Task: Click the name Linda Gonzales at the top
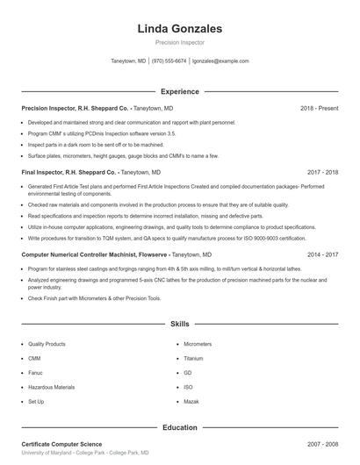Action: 179,28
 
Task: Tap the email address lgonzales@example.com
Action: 220,61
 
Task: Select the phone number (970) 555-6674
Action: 169,61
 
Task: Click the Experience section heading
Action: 179,91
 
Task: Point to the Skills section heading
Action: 179,324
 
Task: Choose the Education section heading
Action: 179,427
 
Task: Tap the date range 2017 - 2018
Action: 322,173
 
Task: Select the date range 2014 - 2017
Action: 322,254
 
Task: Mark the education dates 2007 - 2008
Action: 322,445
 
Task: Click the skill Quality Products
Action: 47,345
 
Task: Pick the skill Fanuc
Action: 35,373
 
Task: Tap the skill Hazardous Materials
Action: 51,387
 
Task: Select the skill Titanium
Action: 193,359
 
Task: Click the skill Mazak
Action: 191,401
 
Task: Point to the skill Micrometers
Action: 198,345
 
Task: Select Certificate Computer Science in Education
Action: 61,445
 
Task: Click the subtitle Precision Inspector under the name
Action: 179,42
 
